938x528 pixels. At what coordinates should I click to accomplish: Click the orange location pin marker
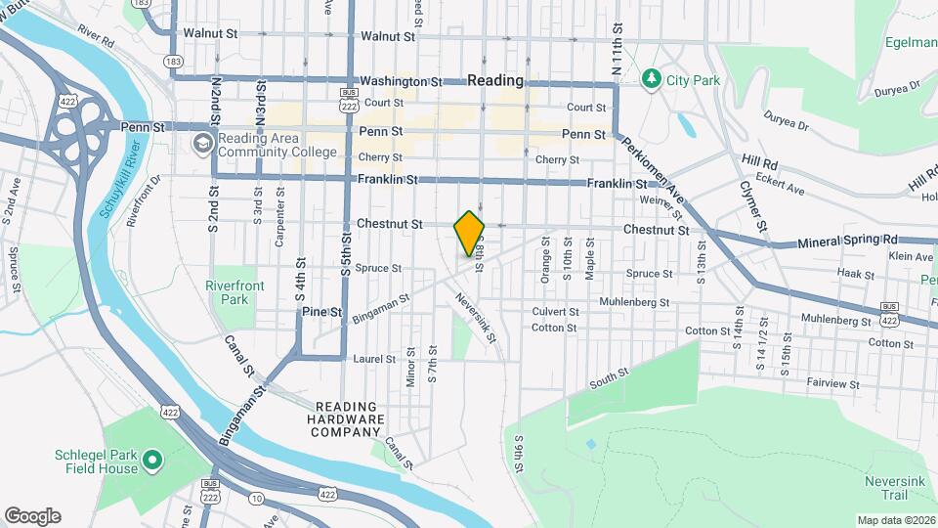(469, 233)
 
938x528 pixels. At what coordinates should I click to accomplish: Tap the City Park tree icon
(651, 78)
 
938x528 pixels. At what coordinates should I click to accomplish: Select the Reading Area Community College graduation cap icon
(202, 145)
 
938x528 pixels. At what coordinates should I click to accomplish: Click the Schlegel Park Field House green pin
(152, 459)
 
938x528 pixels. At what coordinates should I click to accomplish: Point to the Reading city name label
(495, 80)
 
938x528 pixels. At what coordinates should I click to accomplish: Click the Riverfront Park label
(230, 291)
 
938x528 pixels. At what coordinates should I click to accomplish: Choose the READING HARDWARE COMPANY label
(349, 418)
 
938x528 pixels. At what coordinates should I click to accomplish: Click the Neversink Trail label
(886, 489)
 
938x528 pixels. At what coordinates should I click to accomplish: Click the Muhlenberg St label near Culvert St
(634, 302)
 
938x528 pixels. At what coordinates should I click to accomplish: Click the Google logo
(32, 516)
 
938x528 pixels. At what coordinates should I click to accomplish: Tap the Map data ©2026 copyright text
(896, 520)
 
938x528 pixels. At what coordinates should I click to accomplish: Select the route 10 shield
(256, 498)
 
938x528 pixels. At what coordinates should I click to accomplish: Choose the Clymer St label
(752, 207)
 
